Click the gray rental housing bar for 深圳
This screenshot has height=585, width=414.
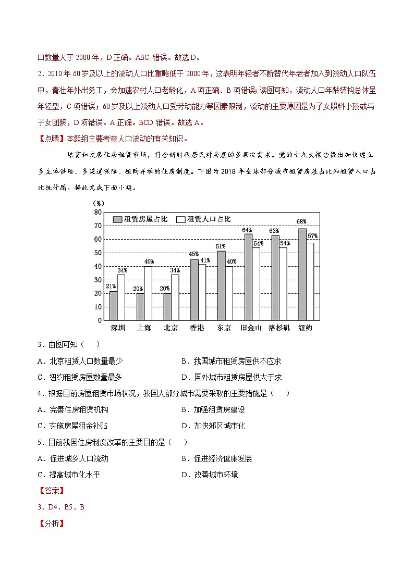(113, 306)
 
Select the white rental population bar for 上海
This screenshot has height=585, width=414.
(148, 293)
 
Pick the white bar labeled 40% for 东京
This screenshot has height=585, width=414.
(229, 293)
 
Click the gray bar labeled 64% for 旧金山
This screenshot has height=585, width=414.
(248, 277)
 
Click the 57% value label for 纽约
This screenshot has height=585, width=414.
(312, 236)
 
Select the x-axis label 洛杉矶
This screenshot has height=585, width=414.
(279, 328)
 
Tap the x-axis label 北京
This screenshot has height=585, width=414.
(171, 328)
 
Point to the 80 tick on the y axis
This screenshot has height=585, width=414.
(98, 212)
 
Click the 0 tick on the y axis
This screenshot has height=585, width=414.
(100, 320)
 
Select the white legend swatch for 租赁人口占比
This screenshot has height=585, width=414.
(181, 219)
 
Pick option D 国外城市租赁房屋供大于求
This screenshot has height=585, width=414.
(232, 377)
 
